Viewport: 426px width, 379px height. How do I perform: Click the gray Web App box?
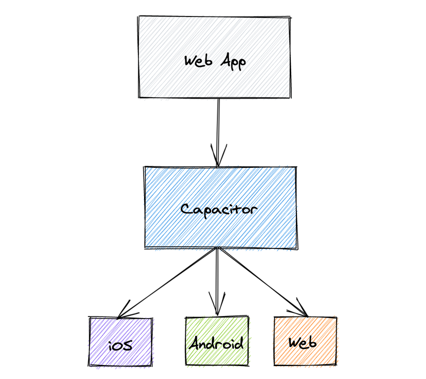coord(215,57)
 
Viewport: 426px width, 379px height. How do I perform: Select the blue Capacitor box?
coord(220,208)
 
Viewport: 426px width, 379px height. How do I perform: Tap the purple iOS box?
coord(121,341)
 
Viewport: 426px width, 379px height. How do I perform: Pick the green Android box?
coord(217,341)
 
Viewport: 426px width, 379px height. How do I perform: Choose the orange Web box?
coord(305,341)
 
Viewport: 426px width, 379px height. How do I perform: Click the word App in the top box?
coord(233,62)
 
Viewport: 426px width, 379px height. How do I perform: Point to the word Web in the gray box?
coord(198,60)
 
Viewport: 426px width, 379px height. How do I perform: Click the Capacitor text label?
coord(219,210)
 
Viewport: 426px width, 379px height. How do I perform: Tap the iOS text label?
coord(120,345)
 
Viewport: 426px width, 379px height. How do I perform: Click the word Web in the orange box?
coord(303,342)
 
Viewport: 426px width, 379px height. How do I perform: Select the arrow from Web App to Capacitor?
coord(218,133)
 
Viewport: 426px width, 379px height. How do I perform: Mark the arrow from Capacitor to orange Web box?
coord(263,282)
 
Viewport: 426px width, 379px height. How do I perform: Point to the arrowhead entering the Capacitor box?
coord(218,156)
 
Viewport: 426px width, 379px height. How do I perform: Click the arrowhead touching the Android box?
coord(217,305)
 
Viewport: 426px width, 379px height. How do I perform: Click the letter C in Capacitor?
coord(186,209)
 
